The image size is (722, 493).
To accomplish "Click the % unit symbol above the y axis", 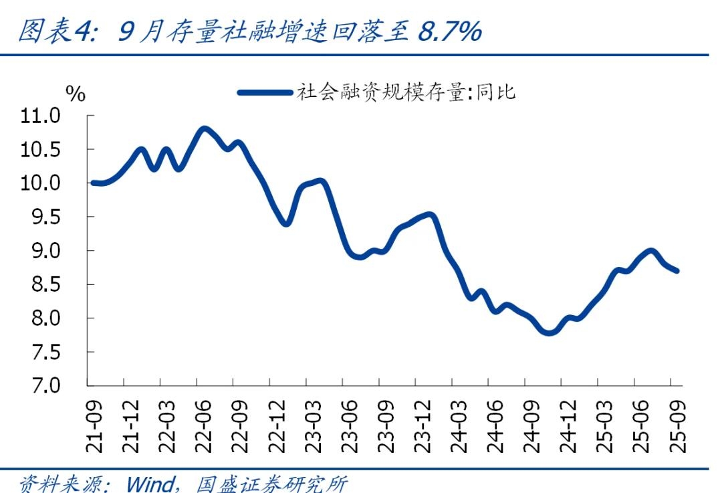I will [x=76, y=94].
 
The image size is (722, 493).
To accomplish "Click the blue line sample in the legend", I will [x=265, y=92].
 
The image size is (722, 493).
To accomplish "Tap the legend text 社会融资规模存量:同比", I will [x=406, y=92].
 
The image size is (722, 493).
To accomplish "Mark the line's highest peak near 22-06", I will [x=205, y=128].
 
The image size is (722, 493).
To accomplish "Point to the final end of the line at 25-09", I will [x=678, y=271].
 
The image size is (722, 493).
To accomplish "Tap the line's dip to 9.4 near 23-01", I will [x=286, y=223].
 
